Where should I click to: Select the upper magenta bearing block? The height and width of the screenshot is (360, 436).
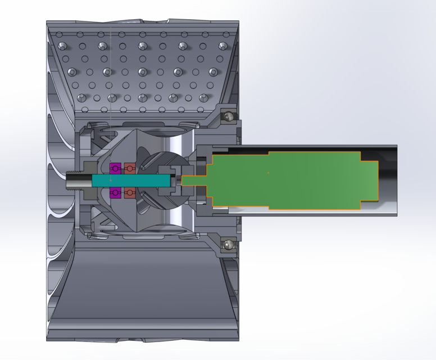pyautogui.click(x=116, y=168)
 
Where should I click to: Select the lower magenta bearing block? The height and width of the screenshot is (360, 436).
pyautogui.click(x=116, y=193)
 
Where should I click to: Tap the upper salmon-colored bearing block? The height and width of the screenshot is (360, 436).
pyautogui.click(x=130, y=168)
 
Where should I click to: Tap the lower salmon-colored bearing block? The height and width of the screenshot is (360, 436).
pyautogui.click(x=130, y=193)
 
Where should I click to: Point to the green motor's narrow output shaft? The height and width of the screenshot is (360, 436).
pyautogui.click(x=194, y=180)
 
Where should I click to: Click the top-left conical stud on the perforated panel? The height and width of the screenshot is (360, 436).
pyautogui.click(x=62, y=46)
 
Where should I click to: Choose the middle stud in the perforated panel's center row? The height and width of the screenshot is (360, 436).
pyautogui.click(x=142, y=71)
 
